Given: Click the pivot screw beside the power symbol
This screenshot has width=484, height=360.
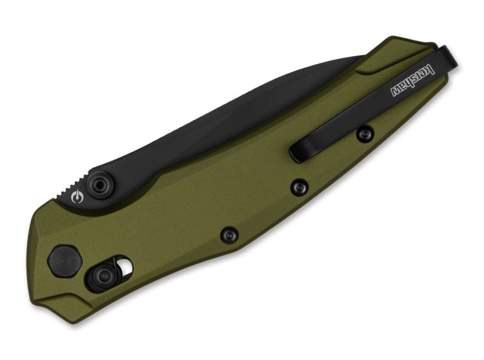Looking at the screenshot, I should [98, 186].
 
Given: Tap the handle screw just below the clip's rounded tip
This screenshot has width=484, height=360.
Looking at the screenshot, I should [297, 186].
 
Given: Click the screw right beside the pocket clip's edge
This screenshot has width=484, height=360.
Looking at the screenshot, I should [365, 134].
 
